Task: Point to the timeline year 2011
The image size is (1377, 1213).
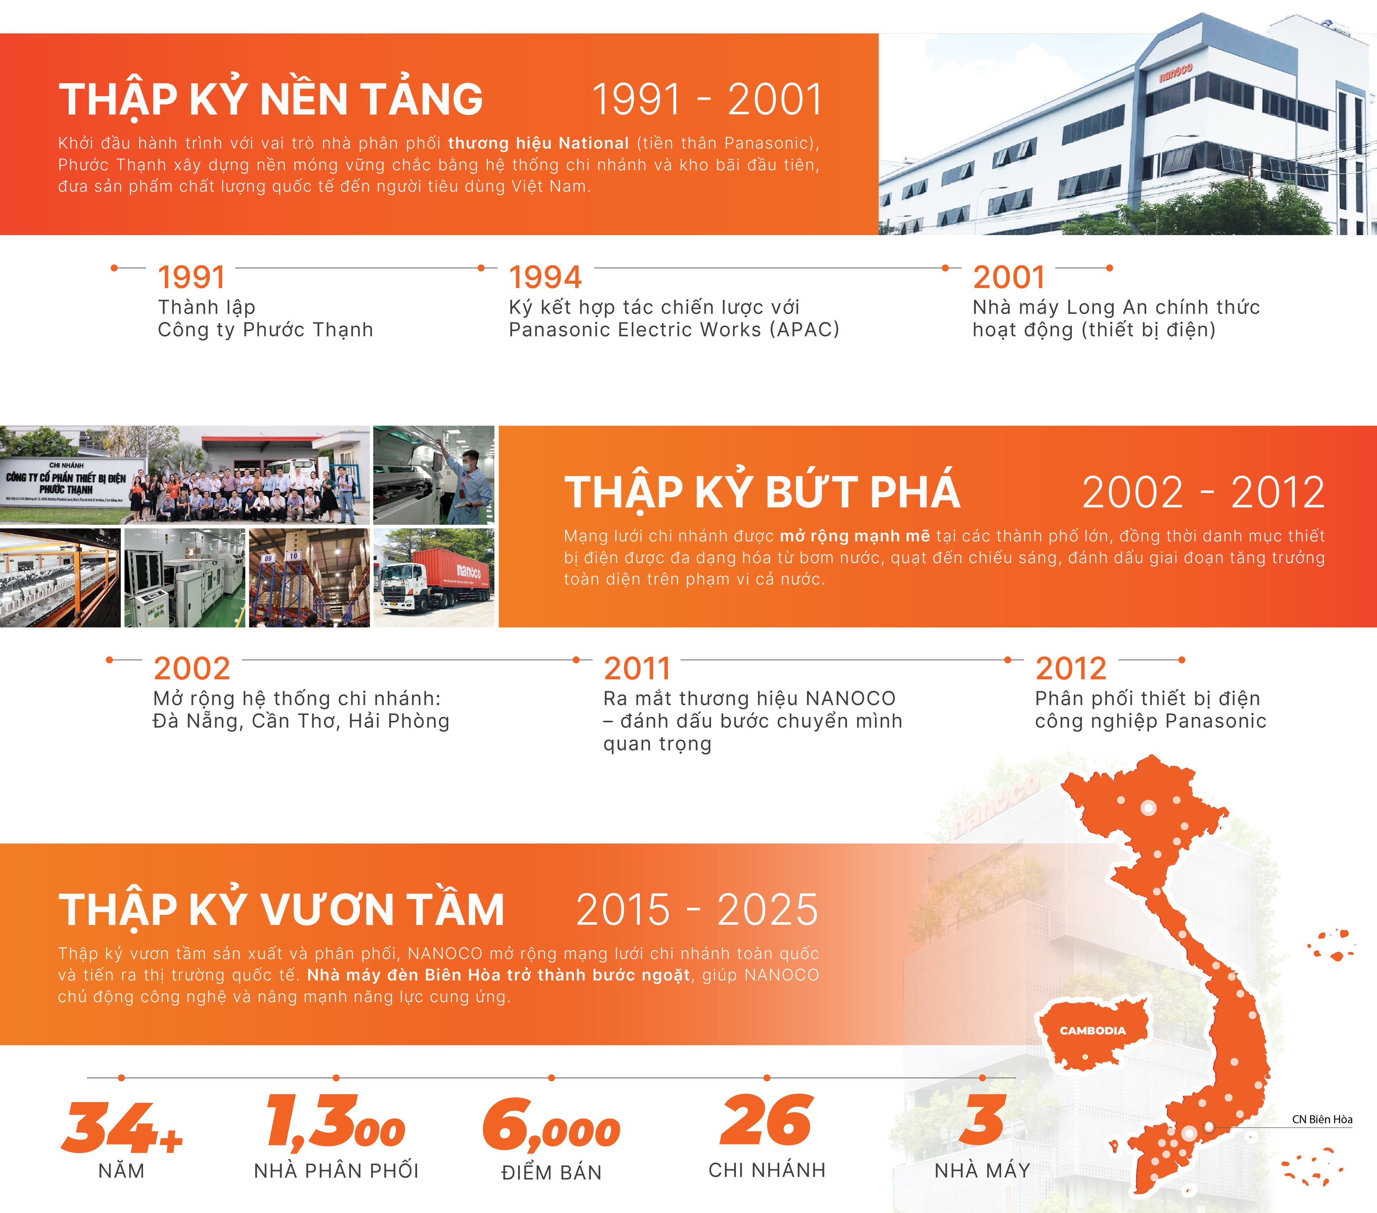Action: pyautogui.click(x=637, y=669)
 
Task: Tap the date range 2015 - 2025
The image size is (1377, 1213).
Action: pyautogui.click(x=697, y=909)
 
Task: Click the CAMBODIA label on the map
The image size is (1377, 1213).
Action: pyautogui.click(x=1093, y=1031)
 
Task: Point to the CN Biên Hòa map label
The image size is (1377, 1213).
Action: pyautogui.click(x=1322, y=1119)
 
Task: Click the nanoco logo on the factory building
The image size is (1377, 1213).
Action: pyautogui.click(x=1175, y=73)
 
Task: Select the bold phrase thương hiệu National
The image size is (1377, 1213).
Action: pyautogui.click(x=538, y=143)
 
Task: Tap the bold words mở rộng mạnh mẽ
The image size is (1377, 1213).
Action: pyautogui.click(x=855, y=536)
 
